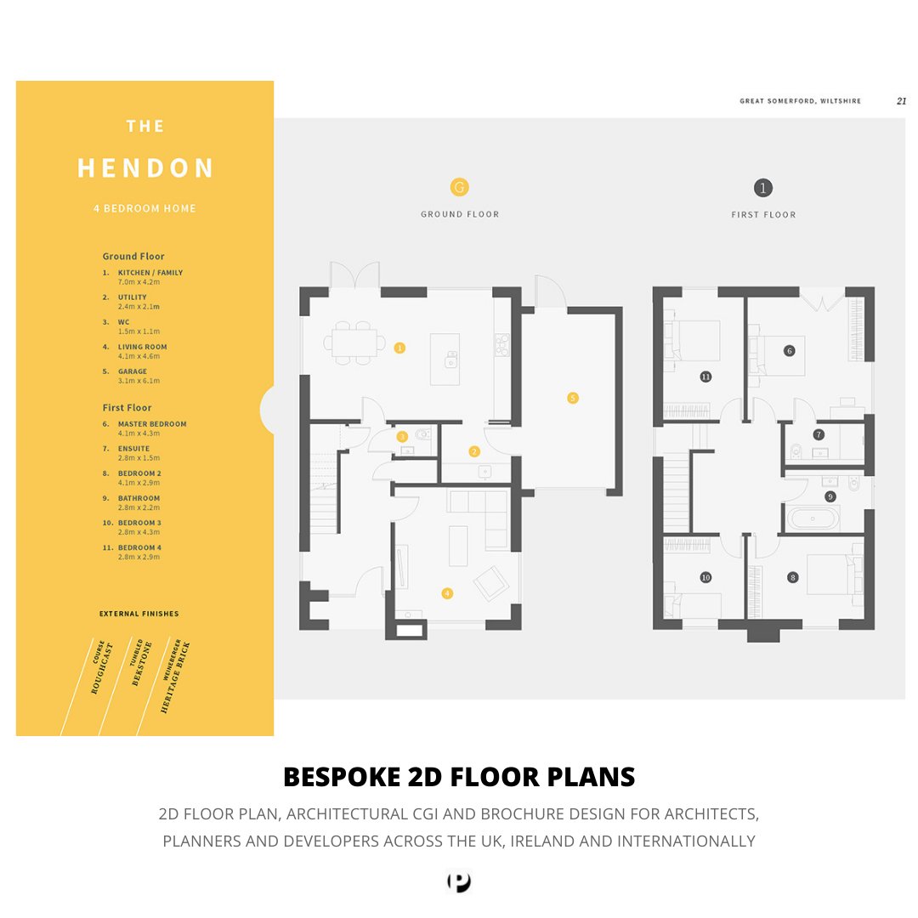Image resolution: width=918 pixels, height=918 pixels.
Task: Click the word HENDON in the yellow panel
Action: (145, 168)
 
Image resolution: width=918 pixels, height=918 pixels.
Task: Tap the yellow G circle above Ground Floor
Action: (459, 187)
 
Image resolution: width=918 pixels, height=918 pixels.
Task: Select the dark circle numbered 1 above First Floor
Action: (763, 188)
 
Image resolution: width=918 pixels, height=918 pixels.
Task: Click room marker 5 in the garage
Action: (572, 397)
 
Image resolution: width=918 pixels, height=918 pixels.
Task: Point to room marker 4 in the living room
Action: (446, 593)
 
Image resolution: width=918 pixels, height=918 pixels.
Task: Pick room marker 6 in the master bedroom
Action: (789, 350)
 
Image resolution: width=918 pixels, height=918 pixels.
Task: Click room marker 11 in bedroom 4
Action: (705, 376)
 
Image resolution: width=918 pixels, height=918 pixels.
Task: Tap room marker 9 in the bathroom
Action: (830, 496)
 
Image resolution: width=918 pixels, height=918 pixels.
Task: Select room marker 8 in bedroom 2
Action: (793, 577)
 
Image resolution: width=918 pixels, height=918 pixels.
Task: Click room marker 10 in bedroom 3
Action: (705, 577)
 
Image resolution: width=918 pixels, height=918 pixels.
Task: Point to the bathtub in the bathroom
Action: (812, 518)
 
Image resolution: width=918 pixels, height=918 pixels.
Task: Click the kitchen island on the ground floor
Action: (445, 359)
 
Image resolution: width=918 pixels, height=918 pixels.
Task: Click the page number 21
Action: (901, 100)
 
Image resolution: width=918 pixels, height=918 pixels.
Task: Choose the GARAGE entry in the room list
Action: (132, 371)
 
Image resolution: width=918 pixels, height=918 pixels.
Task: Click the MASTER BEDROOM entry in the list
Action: (151, 423)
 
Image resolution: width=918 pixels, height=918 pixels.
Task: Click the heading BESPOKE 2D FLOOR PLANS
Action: (459, 777)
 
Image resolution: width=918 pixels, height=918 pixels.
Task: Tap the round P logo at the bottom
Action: (459, 882)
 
